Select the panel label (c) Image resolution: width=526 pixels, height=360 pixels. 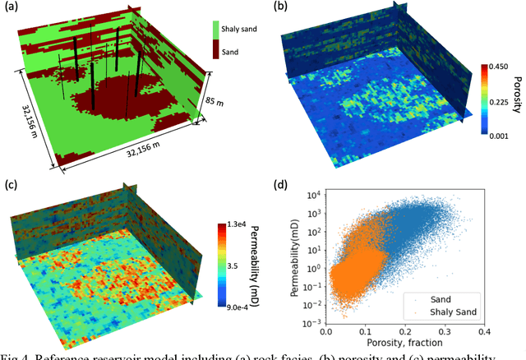click(13, 183)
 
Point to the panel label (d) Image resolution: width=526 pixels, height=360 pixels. click(281, 183)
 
